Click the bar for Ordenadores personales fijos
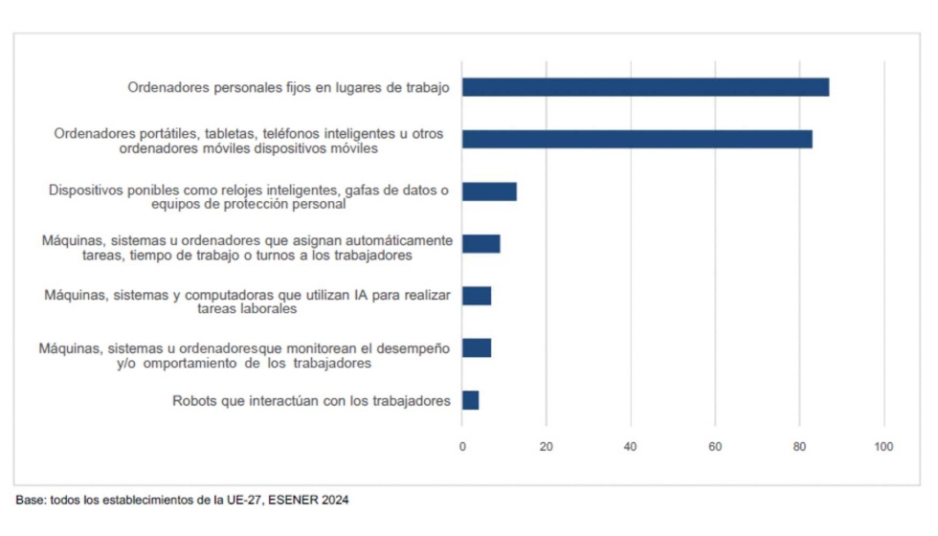point(645,87)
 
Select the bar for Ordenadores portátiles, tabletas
point(636,139)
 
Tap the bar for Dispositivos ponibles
point(489,190)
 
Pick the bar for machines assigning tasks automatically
point(480,243)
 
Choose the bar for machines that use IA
point(477,295)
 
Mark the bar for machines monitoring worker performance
point(477,347)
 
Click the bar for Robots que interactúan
point(470,400)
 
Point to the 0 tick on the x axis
point(462,447)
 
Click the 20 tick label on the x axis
point(547,447)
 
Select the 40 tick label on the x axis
point(631,447)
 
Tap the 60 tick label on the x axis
point(715,447)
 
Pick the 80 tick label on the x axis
point(799,447)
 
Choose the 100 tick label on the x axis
point(883,447)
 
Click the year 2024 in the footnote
point(335,501)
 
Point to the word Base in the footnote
point(29,501)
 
